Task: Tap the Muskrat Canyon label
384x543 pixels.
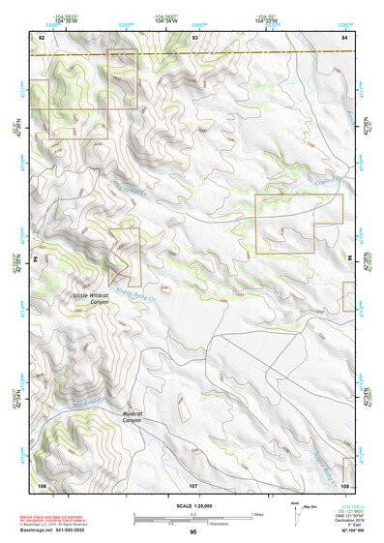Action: (x=132, y=417)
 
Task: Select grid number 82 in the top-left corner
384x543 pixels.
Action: (x=42, y=37)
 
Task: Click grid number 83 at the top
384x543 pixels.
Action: (x=194, y=37)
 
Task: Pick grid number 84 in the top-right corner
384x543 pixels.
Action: (x=344, y=37)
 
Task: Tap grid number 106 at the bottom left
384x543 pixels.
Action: (x=42, y=483)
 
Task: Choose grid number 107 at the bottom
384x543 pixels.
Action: (x=193, y=483)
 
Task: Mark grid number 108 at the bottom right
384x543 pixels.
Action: (x=344, y=483)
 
